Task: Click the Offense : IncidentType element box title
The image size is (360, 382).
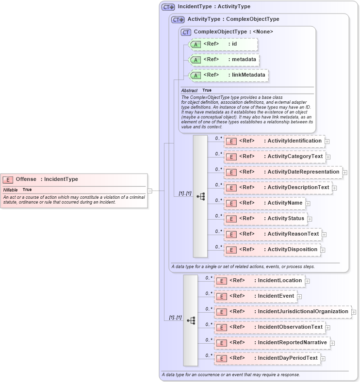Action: point(47,179)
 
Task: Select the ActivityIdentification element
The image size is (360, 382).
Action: point(274,141)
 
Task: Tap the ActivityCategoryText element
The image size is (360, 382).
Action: point(275,157)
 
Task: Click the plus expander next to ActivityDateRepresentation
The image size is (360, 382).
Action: point(345,172)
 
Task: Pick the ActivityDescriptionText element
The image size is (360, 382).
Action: point(278,188)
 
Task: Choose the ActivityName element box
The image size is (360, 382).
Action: point(264,203)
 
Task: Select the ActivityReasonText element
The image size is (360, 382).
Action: point(273,234)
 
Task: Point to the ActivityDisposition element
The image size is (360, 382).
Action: point(272,250)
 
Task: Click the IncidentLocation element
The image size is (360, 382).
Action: point(259,281)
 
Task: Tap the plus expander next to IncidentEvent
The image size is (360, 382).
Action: point(299,297)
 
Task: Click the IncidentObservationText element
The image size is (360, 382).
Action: point(270,327)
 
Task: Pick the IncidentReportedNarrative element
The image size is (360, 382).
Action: point(272,343)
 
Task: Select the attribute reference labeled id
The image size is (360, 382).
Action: point(223,44)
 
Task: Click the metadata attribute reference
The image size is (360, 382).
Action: point(224,60)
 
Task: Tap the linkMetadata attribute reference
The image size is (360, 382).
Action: point(228,75)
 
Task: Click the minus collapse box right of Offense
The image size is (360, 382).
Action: point(150,191)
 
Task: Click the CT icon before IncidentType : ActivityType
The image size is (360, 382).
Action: point(168,7)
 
